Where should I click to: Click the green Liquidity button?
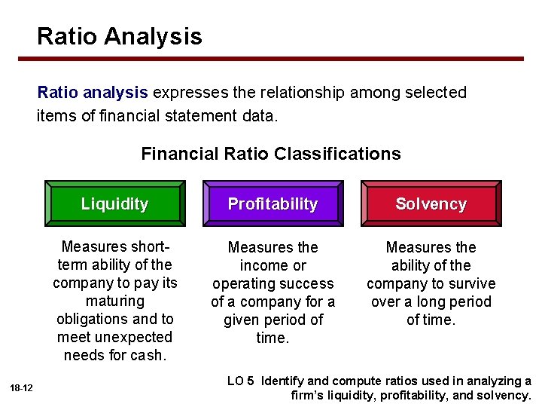(114, 203)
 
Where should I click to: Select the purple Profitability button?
(273, 203)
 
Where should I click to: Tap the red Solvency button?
(431, 203)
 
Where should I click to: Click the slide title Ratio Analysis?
(119, 36)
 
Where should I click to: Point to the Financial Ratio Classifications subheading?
(270, 154)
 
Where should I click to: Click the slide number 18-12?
(21, 387)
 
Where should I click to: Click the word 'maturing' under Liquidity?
(114, 301)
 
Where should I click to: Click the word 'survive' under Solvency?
(470, 283)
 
